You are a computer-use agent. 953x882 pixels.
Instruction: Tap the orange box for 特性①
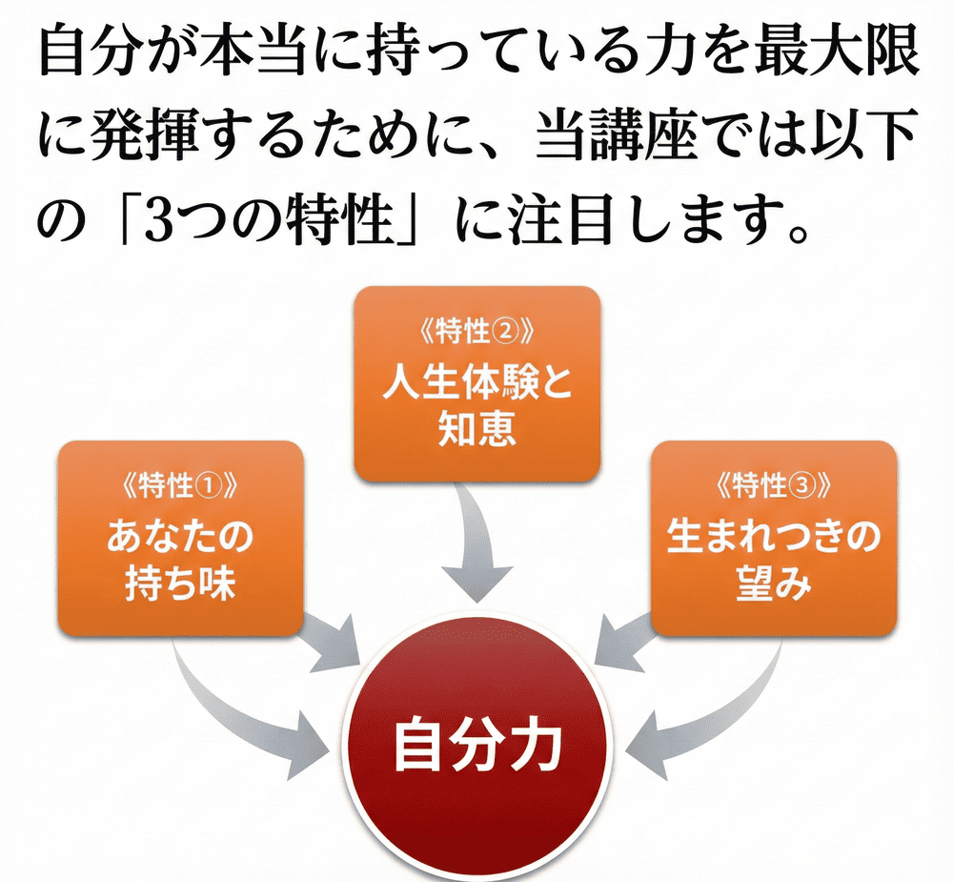[181, 539]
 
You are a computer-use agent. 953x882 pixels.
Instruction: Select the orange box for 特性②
[476, 381]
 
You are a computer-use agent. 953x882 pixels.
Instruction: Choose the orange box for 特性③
[773, 539]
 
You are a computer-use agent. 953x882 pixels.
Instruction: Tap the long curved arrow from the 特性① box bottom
[238, 710]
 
